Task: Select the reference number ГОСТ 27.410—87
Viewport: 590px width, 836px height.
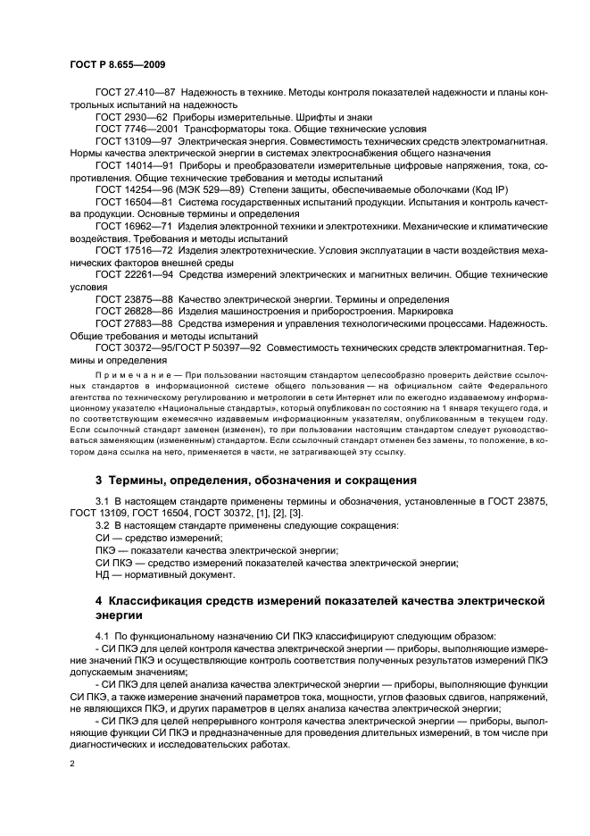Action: (x=134, y=93)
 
